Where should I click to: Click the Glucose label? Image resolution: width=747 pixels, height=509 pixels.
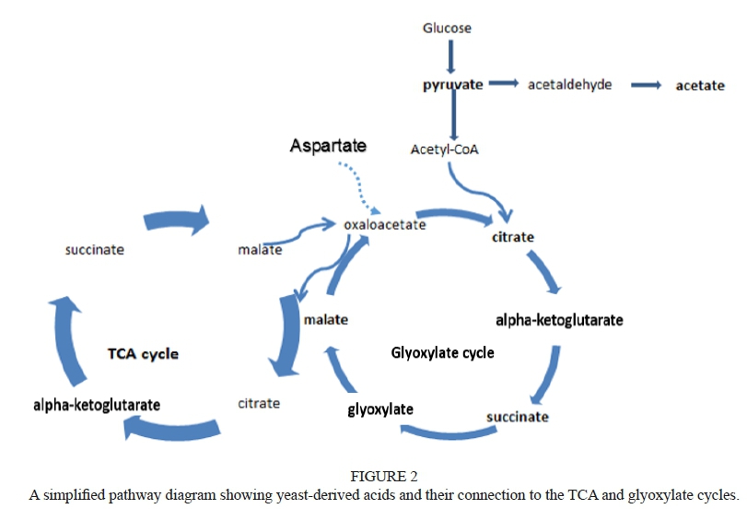pyautogui.click(x=447, y=28)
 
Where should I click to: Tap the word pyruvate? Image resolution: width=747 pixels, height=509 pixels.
pyautogui.click(x=452, y=85)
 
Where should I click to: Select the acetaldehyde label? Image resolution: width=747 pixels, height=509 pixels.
pyautogui.click(x=569, y=85)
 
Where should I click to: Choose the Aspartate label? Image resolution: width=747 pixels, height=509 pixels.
pyautogui.click(x=328, y=146)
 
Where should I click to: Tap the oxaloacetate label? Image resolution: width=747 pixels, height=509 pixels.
pyautogui.click(x=384, y=224)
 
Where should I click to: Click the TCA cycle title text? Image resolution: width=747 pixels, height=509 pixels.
pyautogui.click(x=143, y=353)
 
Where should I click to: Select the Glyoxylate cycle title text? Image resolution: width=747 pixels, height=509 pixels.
pyautogui.click(x=442, y=352)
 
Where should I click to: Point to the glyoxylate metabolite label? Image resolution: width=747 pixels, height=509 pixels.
pyautogui.click(x=380, y=408)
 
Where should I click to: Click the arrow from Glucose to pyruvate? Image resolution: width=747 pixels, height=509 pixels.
pyautogui.click(x=450, y=56)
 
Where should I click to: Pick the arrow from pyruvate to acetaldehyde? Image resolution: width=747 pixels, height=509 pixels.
pyautogui.click(x=503, y=84)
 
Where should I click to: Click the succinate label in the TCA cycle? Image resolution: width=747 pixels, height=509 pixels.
pyautogui.click(x=94, y=249)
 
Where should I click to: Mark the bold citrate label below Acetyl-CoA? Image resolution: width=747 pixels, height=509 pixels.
pyautogui.click(x=513, y=237)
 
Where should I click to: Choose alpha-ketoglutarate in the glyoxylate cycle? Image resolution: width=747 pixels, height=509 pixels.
pyautogui.click(x=559, y=321)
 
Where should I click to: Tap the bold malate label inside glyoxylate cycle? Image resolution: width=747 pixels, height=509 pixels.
pyautogui.click(x=325, y=320)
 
